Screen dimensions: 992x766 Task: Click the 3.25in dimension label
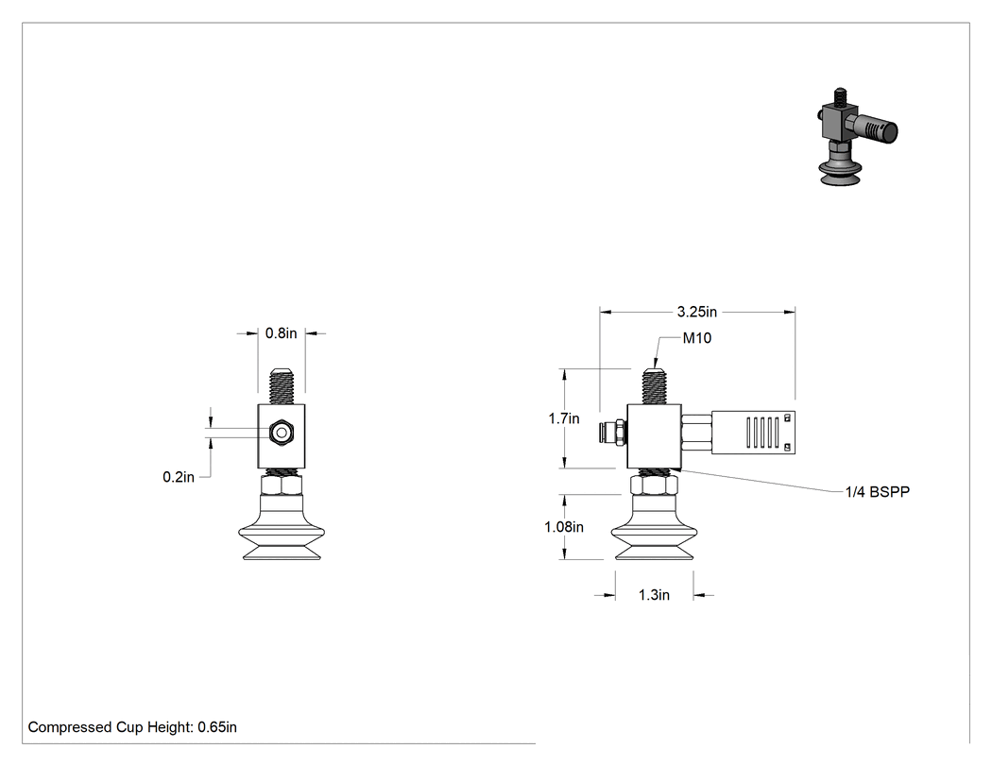696,312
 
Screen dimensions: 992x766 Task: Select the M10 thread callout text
697,338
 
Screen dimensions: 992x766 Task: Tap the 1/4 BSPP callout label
878,491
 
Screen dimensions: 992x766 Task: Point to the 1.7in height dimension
564,418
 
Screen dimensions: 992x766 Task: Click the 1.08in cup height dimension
564,527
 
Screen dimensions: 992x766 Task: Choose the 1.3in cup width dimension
654,595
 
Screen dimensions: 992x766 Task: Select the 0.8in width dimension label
281,333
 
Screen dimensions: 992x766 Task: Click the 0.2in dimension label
179,477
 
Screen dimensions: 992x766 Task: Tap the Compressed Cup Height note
132,727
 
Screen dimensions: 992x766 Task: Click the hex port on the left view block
281,434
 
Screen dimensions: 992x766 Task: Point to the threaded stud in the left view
282,386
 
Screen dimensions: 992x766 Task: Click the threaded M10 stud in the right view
654,386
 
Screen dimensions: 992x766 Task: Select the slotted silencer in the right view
753,432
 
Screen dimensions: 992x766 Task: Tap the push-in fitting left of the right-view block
613,433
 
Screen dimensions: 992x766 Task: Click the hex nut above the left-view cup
282,485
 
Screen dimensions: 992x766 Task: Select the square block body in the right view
654,436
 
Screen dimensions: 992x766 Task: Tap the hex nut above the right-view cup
654,485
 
